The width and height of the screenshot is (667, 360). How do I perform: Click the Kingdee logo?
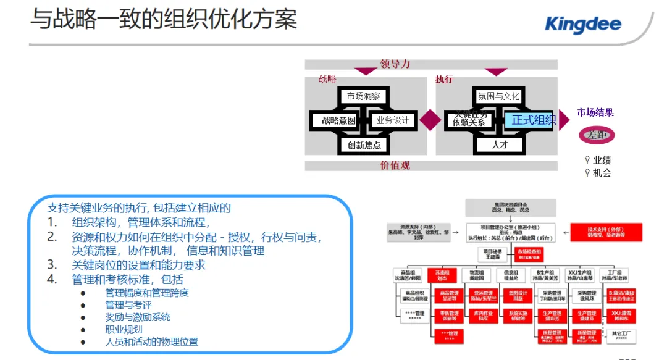[x=584, y=24]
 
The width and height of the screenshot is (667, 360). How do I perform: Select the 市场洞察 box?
[x=363, y=96]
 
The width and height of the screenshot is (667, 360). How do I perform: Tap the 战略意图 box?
[x=334, y=120]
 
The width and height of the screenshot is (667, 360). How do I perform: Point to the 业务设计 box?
[x=393, y=120]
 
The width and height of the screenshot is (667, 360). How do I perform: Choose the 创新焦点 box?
[x=364, y=145]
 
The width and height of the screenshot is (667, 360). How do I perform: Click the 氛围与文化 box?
[x=498, y=96]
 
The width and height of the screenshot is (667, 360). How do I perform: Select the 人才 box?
[x=499, y=145]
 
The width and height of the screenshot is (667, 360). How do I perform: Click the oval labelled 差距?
[x=597, y=135]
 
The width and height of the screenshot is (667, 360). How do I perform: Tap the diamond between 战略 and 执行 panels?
[x=430, y=120]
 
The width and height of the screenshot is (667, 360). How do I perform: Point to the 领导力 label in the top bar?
[x=395, y=64]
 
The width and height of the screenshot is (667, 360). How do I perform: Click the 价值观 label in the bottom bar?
[x=395, y=165]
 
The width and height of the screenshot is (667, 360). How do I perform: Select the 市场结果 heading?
[x=595, y=112]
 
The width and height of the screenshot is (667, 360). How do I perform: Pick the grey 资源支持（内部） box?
[x=414, y=232]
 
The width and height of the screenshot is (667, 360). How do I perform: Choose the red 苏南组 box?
[x=442, y=275]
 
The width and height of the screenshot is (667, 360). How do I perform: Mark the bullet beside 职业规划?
[x=83, y=329]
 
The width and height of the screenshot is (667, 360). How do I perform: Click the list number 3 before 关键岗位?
[x=52, y=265]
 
